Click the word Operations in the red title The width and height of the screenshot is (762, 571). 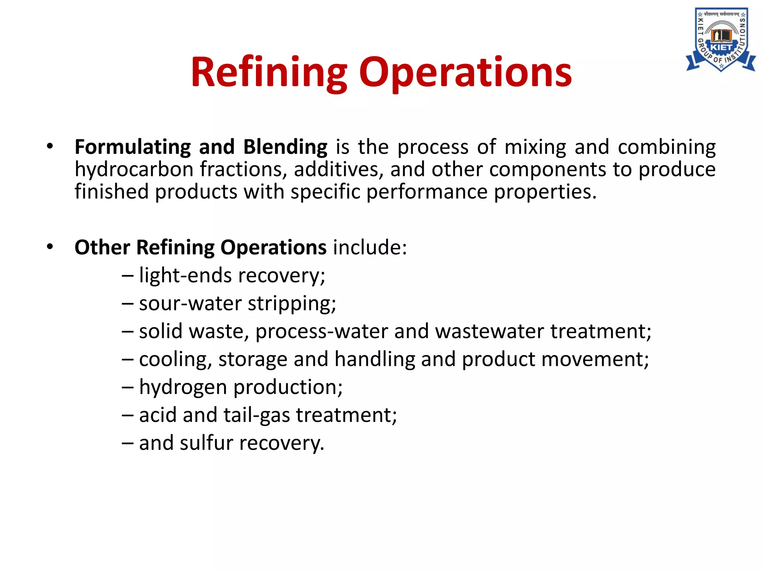[x=465, y=72]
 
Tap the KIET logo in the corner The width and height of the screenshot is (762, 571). [x=721, y=39]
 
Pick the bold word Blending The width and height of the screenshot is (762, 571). [x=285, y=147]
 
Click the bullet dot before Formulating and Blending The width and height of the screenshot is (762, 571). [x=50, y=146]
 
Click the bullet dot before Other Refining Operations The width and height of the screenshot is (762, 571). [x=50, y=246]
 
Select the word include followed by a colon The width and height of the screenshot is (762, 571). [x=369, y=248]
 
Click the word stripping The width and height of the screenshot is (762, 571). [x=292, y=304]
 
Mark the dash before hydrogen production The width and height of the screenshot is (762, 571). [x=127, y=387]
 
